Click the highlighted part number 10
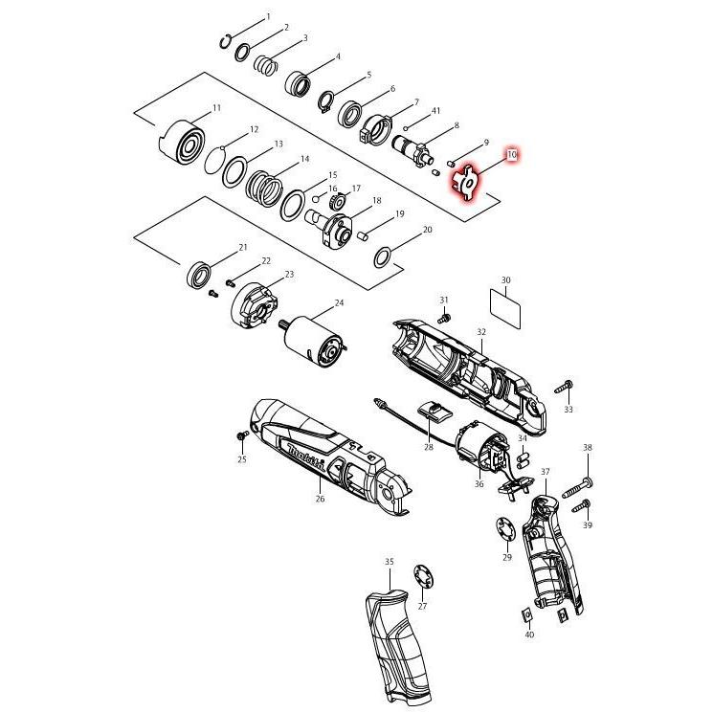512,154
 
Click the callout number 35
390,561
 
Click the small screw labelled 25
240,437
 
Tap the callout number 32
481,332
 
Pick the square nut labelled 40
526,613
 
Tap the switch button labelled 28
434,412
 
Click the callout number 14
304,159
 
